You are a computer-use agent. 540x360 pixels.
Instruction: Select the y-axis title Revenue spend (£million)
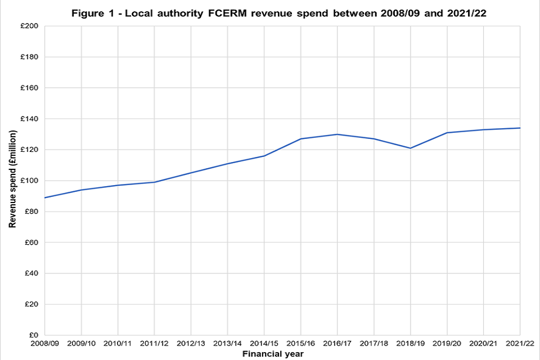point(12,178)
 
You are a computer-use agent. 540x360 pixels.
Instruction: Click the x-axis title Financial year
point(273,354)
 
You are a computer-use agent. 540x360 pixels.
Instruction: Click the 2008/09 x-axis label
point(45,344)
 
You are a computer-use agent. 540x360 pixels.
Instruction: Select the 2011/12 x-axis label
point(155,344)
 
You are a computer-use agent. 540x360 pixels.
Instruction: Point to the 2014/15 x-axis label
point(264,344)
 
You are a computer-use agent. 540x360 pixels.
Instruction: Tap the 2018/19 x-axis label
point(411,344)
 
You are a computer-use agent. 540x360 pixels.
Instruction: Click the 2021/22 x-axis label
point(520,344)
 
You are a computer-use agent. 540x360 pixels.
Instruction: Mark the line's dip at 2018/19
point(411,148)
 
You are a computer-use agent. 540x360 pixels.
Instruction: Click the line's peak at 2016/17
point(337,134)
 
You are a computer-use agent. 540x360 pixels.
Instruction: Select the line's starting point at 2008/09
point(46,197)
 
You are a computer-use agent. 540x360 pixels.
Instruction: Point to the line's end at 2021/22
point(520,128)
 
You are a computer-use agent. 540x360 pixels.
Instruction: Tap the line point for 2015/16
point(301,139)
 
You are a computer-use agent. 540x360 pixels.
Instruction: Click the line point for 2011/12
point(155,182)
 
